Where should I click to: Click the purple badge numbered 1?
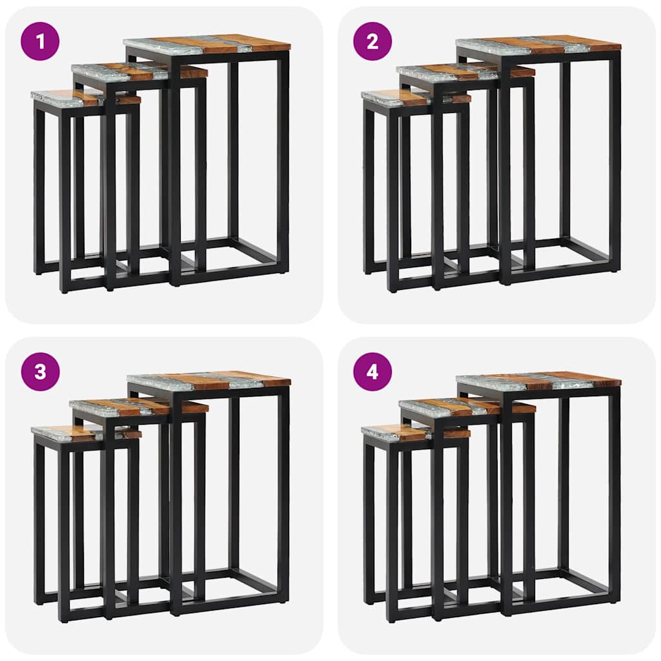click(40, 41)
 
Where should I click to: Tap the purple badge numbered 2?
click(372, 41)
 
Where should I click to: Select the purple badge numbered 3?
click(40, 372)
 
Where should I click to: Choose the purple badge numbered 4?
click(372, 372)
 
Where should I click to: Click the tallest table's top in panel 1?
click(207, 44)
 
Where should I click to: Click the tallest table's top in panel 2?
click(538, 45)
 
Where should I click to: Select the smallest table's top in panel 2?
click(397, 97)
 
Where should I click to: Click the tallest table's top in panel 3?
click(208, 381)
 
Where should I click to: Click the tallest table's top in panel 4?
click(538, 381)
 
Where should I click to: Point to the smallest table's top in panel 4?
click(397, 432)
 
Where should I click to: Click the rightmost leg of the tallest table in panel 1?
click(283, 161)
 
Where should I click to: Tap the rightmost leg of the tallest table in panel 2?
click(615, 161)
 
